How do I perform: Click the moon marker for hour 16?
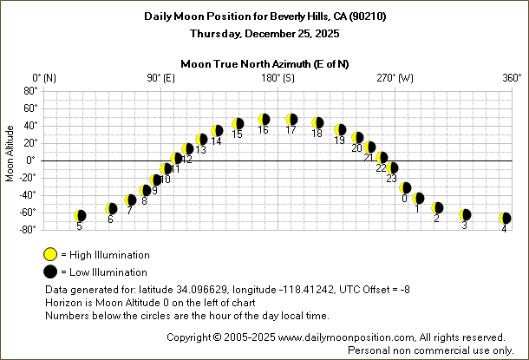(264, 119)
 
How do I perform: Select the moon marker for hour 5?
(80, 215)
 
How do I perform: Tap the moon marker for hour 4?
(505, 219)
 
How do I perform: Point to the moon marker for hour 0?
(405, 187)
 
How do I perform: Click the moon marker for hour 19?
(340, 130)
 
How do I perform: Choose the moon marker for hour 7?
(130, 200)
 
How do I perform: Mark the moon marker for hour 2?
(438, 208)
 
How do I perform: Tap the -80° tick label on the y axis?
(28, 229)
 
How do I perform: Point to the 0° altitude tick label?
(32, 160)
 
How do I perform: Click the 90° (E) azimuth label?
(161, 78)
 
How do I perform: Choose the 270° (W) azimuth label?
(395, 78)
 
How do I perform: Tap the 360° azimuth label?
(511, 78)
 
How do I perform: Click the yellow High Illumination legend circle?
(50, 254)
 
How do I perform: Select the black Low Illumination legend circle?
(50, 272)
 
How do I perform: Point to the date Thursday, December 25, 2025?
(265, 33)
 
